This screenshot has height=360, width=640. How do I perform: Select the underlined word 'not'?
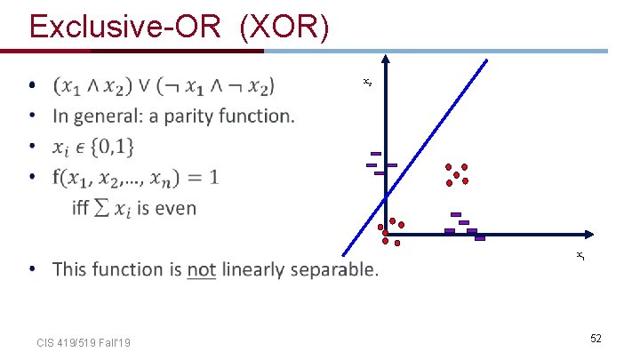[x=202, y=268]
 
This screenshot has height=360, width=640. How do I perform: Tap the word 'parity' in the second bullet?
[x=178, y=116]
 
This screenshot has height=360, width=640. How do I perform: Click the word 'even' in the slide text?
[x=176, y=208]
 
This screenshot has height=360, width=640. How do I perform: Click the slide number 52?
[x=596, y=339]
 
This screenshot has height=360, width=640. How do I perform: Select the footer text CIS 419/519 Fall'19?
[x=84, y=342]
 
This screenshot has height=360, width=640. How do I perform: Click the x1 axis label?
[x=579, y=256]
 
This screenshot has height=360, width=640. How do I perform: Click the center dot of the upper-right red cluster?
[x=457, y=175]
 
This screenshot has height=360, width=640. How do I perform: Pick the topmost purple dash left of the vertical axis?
[x=376, y=154]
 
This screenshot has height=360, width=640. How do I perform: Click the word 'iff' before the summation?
[x=82, y=208]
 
